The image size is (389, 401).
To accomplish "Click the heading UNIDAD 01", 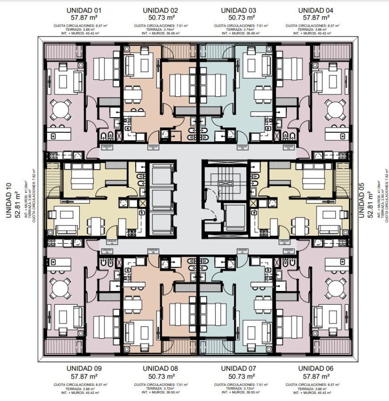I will [x=84, y=10].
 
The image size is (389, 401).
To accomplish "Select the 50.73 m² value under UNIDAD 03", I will [x=241, y=18].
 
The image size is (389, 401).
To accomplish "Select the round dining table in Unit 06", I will [x=336, y=289].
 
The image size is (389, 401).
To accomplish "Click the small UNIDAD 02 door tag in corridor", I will [x=153, y=147].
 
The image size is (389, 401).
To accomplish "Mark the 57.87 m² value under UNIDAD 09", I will [x=84, y=376].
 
